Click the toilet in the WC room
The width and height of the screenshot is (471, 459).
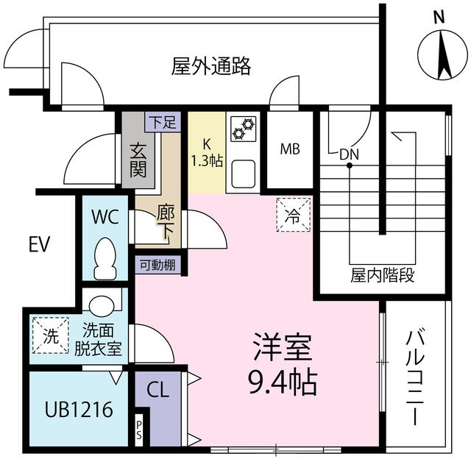pyautogui.click(x=105, y=258)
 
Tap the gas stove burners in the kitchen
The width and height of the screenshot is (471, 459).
pyautogui.click(x=244, y=129)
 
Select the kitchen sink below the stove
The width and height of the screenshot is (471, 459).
pyautogui.click(x=244, y=174)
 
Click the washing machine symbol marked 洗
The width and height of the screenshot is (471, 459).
pyautogui.click(x=51, y=335)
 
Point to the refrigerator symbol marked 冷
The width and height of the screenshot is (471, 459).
pyautogui.click(x=293, y=215)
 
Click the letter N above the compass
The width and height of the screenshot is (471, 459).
pyautogui.click(x=439, y=17)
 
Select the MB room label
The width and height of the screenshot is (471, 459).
pyautogui.click(x=290, y=149)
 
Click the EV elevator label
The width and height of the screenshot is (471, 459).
pyautogui.click(x=39, y=244)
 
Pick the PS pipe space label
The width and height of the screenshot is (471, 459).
pyautogui.click(x=139, y=430)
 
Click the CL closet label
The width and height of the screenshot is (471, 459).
pyautogui.click(x=158, y=391)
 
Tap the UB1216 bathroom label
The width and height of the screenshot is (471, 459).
pyautogui.click(x=79, y=409)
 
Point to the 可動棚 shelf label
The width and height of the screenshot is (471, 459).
pyautogui.click(x=158, y=265)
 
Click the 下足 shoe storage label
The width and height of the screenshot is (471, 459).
pyautogui.click(x=163, y=122)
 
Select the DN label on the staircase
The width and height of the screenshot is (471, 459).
pyautogui.click(x=350, y=154)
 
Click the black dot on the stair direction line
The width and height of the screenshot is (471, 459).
pyautogui.click(x=350, y=165)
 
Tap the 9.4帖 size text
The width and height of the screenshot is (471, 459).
pyautogui.click(x=283, y=381)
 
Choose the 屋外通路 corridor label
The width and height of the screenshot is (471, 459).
pyautogui.click(x=211, y=65)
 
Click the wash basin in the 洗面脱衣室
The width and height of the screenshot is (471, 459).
pyautogui.click(x=102, y=305)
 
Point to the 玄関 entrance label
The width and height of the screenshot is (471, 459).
pyautogui.click(x=138, y=160)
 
